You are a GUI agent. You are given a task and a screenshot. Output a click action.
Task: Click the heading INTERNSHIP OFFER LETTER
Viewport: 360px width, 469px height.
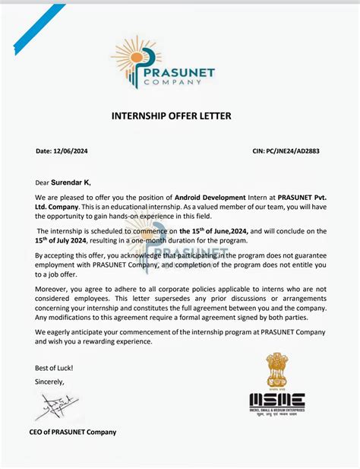171,116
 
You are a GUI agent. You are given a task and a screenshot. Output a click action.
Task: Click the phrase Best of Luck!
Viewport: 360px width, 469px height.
54,367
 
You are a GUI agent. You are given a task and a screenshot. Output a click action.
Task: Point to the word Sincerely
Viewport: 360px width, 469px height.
50,382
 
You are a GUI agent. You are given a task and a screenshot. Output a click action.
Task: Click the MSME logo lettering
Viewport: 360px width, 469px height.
277,399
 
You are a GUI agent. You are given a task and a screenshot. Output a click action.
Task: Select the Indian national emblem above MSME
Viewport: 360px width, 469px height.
276,372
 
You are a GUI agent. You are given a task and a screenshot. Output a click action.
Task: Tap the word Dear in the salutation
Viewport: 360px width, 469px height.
42,182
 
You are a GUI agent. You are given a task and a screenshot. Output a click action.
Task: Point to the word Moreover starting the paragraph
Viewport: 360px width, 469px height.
53,290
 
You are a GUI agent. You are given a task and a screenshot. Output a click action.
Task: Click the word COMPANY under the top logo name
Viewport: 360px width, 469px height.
184,84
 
